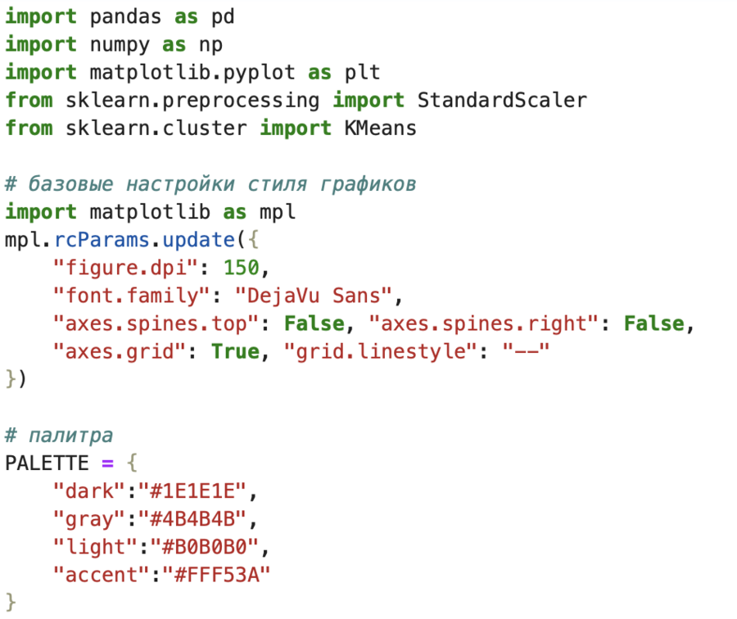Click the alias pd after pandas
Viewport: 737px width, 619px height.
[x=224, y=16]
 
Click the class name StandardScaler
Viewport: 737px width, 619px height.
[x=501, y=100]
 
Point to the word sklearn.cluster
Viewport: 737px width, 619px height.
[x=156, y=128]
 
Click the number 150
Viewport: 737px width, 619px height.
[x=246, y=268]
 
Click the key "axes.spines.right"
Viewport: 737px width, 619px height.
[x=483, y=323]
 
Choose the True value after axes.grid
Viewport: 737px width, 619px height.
[x=235, y=351]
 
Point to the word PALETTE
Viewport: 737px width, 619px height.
[x=47, y=463]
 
